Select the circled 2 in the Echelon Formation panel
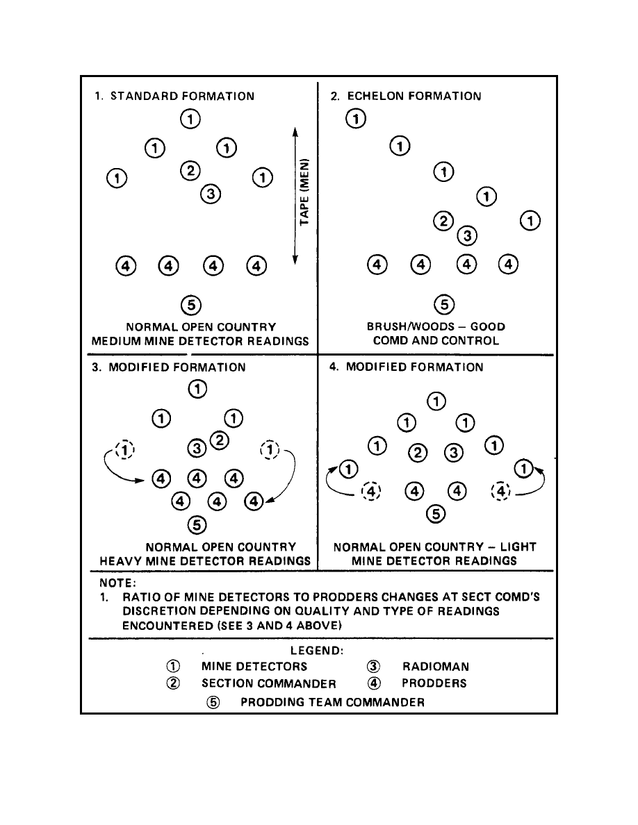click(x=443, y=222)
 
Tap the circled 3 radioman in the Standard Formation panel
click(x=211, y=194)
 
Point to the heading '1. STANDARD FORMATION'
click(x=174, y=97)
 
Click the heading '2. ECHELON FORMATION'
click(x=405, y=97)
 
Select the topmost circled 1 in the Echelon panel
click(x=356, y=119)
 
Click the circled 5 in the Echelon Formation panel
click(x=443, y=303)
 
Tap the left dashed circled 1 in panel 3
click(x=124, y=450)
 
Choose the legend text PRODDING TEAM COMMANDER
click(x=332, y=702)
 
